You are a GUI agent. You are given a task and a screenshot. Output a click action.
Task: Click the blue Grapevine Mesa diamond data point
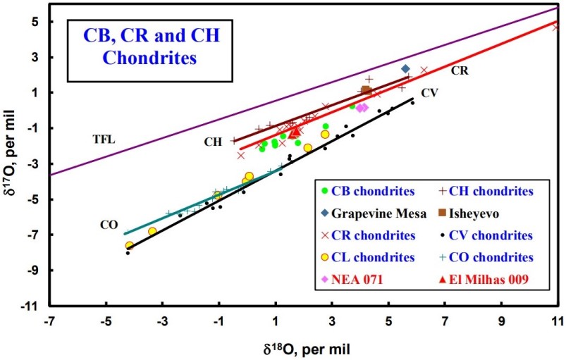(405, 69)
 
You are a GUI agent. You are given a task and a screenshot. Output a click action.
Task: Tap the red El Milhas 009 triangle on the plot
(295, 132)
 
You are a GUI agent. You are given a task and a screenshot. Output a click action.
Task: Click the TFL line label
(104, 139)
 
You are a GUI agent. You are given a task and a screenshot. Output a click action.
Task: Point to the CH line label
(214, 142)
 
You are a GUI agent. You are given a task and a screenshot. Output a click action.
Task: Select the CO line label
(108, 225)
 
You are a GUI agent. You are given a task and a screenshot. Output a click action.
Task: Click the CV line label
(431, 93)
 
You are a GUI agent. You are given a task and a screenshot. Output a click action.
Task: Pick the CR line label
(460, 70)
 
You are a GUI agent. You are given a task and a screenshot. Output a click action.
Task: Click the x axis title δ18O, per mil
(303, 347)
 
